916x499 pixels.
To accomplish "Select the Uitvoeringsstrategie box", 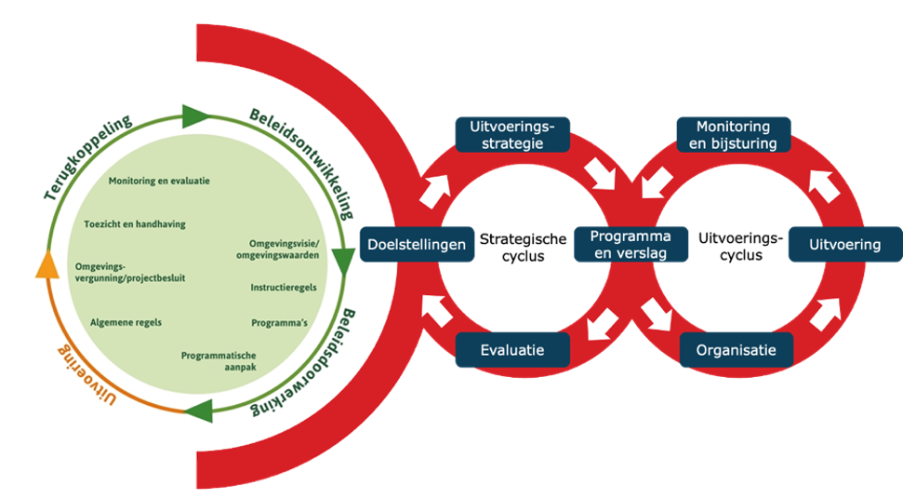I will click(512, 135).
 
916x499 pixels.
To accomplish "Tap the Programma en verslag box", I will click(631, 244).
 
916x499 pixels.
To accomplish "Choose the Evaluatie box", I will click(512, 350).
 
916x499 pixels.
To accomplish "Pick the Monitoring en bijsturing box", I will click(734, 135).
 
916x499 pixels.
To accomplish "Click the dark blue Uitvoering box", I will click(844, 245).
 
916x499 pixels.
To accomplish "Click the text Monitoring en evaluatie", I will click(159, 181).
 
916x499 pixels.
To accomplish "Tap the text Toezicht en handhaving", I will click(134, 224).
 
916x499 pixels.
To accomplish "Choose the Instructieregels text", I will click(283, 288).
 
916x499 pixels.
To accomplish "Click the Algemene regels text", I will click(126, 322).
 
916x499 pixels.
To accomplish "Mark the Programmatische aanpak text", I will click(219, 361).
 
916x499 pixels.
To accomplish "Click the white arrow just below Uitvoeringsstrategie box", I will click(595, 173).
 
